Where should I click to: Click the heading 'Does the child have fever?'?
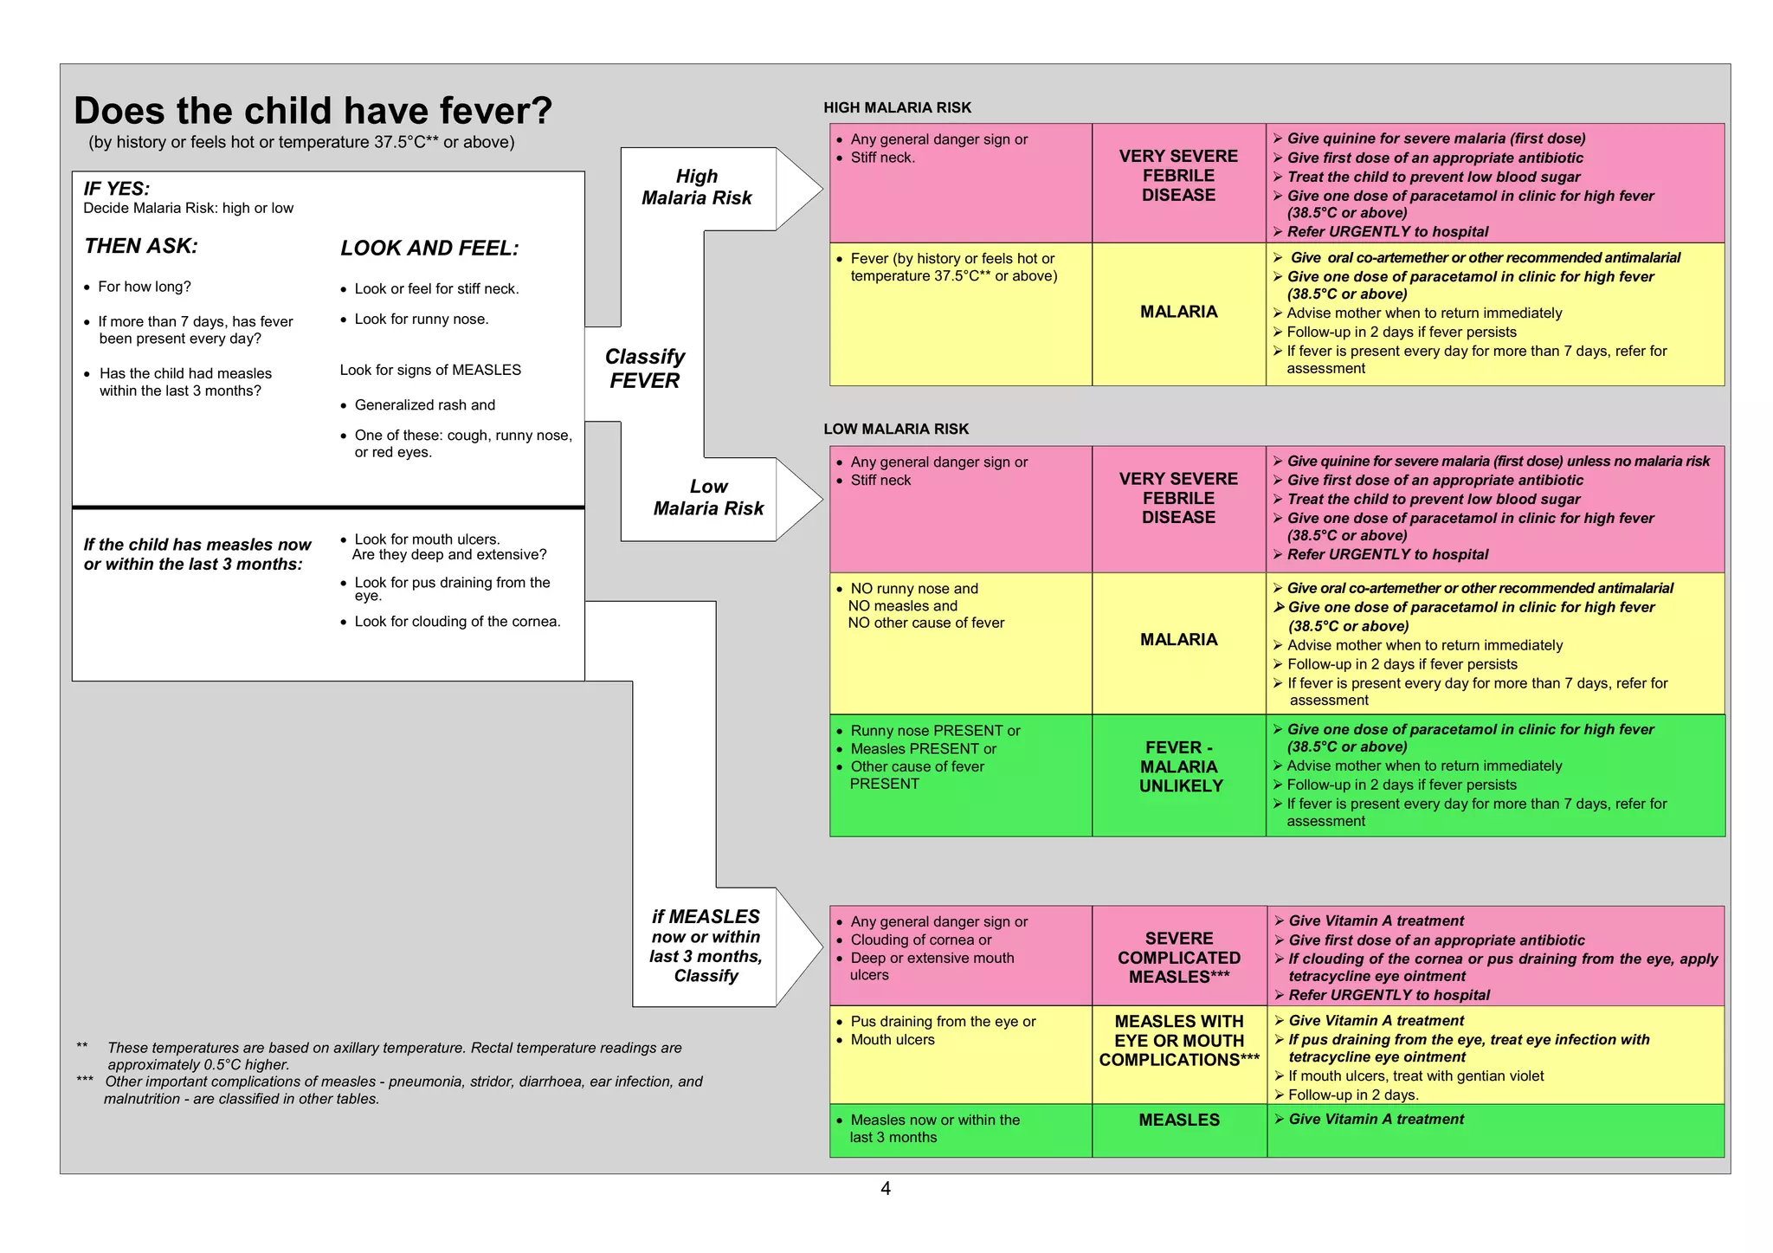313,111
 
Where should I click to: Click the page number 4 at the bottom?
885,1189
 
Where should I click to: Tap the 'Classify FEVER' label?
644,369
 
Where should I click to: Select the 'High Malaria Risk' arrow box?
697,188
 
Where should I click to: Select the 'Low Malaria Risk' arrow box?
708,498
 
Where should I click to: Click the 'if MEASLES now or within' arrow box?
706,946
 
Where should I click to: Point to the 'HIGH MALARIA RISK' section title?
897,107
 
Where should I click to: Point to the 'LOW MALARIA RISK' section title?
896,429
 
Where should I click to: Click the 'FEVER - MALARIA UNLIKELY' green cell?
1179,767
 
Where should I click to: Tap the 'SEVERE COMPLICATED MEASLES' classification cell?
1179,958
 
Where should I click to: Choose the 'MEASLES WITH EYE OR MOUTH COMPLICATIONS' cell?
1179,1041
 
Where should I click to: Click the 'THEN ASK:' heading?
141,246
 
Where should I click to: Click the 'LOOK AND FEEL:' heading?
429,249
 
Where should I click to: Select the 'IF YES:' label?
117,189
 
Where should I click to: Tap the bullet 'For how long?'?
144,287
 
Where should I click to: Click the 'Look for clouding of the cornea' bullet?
457,622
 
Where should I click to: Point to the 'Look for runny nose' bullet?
422,320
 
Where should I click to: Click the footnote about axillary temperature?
394,1056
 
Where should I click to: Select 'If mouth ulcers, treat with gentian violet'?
1415,1076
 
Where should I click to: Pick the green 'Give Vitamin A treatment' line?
1376,1120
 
